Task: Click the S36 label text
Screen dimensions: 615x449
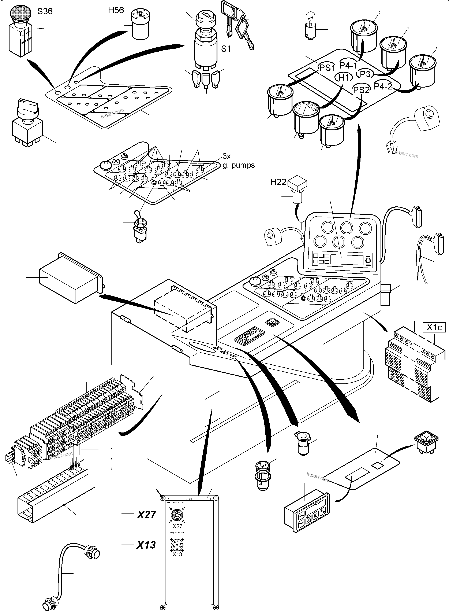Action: coord(45,11)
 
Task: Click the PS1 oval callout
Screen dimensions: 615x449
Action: coord(327,68)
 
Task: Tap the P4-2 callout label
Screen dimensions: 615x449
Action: coord(383,86)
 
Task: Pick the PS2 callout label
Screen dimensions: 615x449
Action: coord(361,90)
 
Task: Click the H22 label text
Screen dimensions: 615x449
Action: coord(278,182)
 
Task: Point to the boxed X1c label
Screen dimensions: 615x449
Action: coord(434,327)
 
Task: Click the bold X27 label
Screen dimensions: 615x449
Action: coord(146,515)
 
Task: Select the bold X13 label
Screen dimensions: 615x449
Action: coord(146,545)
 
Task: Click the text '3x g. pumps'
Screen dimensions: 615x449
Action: coord(238,161)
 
